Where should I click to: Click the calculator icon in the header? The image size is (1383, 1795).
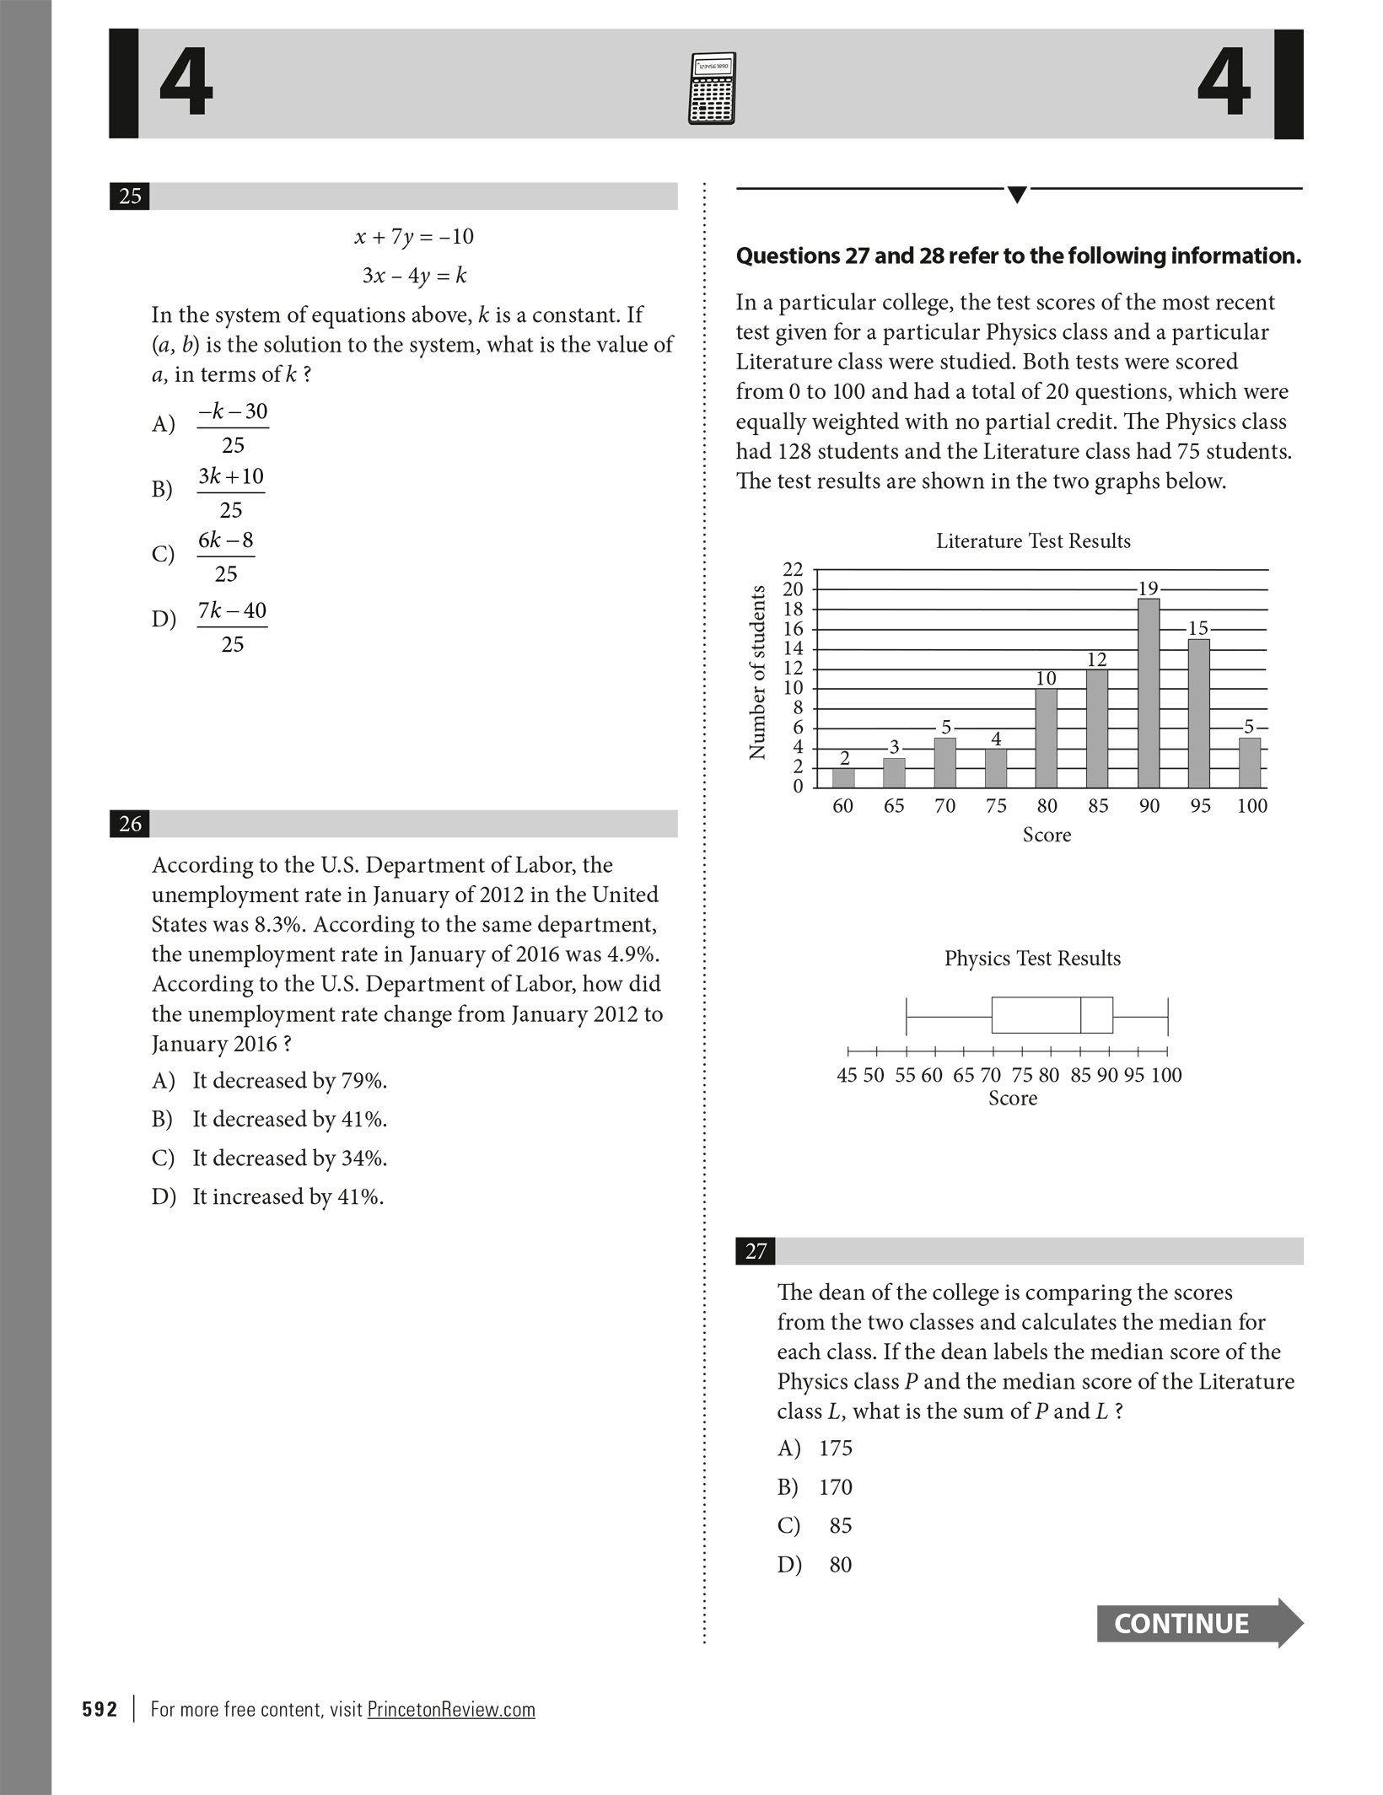click(x=712, y=89)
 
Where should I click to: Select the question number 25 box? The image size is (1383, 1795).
click(x=130, y=196)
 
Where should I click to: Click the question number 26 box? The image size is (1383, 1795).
click(x=130, y=824)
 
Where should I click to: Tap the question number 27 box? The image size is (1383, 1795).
click(x=756, y=1251)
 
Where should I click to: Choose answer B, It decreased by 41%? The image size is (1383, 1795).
click(x=289, y=1120)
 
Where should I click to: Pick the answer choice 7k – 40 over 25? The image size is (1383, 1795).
click(x=232, y=626)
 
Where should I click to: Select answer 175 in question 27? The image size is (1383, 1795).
click(x=835, y=1448)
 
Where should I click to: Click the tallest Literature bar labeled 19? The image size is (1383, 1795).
click(x=1149, y=693)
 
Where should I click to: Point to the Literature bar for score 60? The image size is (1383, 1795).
click(x=843, y=777)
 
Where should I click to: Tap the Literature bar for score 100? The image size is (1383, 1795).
click(x=1250, y=763)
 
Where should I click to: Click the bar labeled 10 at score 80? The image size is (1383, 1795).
click(x=1046, y=738)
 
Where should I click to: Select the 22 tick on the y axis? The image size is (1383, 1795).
click(x=793, y=569)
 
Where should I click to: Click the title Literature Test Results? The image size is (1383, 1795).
click(x=1033, y=541)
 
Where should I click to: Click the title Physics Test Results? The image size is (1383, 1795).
click(x=1032, y=959)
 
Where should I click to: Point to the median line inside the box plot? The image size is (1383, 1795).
click(x=1081, y=1015)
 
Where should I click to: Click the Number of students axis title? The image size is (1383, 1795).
click(x=757, y=672)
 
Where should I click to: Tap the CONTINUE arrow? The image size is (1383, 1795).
click(x=1198, y=1623)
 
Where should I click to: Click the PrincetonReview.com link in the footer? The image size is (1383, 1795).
click(x=451, y=1710)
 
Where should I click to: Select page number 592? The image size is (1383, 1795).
click(x=100, y=1710)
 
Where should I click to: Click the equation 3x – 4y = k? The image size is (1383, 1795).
click(x=414, y=276)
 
